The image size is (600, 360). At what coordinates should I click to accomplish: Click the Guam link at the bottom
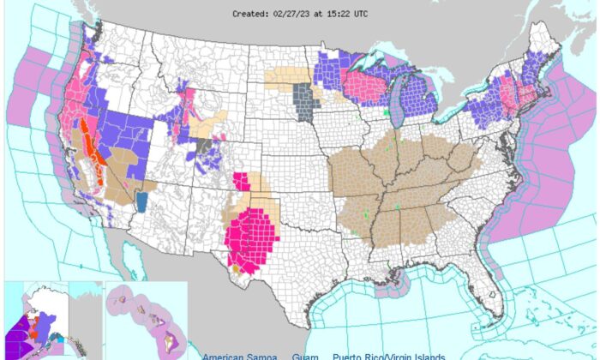(303, 356)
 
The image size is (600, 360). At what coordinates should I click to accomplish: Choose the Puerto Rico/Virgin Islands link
(390, 356)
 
